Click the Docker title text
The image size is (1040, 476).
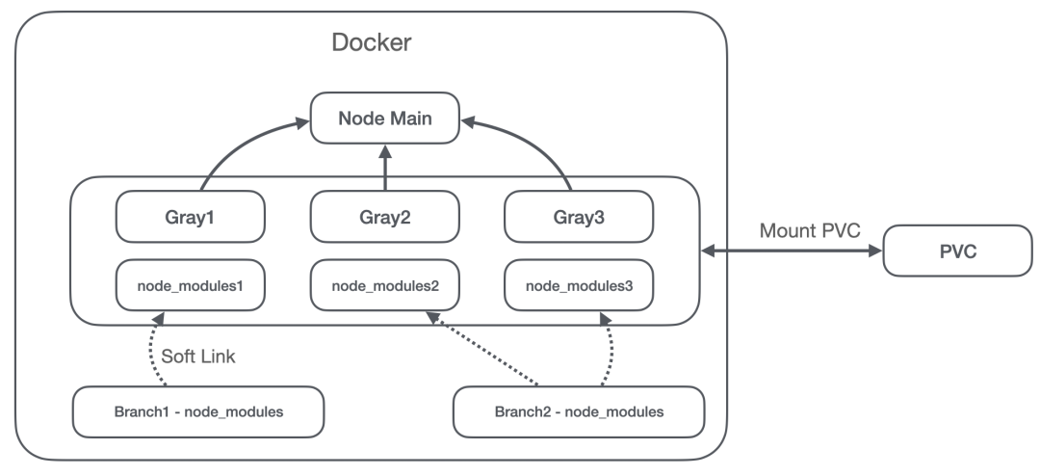pos(372,42)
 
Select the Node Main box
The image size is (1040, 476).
pos(384,119)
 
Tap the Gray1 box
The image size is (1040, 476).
pos(191,217)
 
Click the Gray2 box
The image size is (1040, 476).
pos(384,217)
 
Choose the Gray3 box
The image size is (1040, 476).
pos(579,217)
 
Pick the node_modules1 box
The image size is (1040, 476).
pos(191,285)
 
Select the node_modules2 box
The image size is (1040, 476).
pos(384,285)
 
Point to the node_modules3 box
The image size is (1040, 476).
pos(579,285)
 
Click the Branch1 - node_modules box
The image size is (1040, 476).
pos(198,411)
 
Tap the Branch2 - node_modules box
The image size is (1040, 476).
pos(579,411)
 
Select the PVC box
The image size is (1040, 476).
pos(958,251)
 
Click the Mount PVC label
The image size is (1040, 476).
pos(810,230)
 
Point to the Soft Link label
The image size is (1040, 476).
pos(198,357)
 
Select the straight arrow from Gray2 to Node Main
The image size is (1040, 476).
pos(385,168)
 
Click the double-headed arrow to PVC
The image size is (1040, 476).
pos(792,251)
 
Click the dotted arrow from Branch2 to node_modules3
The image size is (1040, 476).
pos(610,349)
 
